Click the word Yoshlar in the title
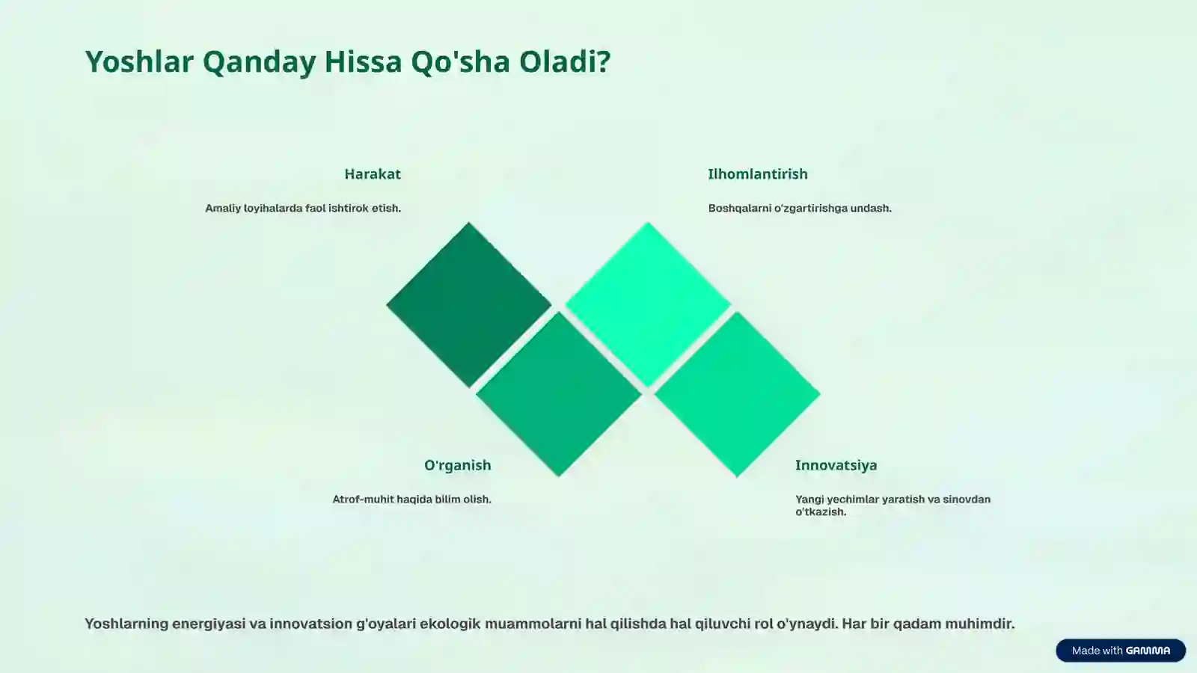pyautogui.click(x=139, y=61)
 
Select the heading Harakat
pyautogui.click(x=372, y=174)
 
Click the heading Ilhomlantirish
pyautogui.click(x=757, y=174)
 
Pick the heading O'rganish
pyautogui.click(x=457, y=465)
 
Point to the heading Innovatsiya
pyautogui.click(x=836, y=465)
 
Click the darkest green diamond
pyautogui.click(x=468, y=304)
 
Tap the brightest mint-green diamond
pyautogui.click(x=648, y=304)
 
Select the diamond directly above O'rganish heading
pyautogui.click(x=558, y=394)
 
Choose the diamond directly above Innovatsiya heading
pyautogui.click(x=737, y=394)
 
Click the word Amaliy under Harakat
pyautogui.click(x=223, y=209)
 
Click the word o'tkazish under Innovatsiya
pyautogui.click(x=820, y=512)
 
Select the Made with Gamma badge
pyautogui.click(x=1120, y=651)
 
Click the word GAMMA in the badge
pyautogui.click(x=1148, y=651)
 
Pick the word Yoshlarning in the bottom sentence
pyautogui.click(x=126, y=624)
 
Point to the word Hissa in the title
pyautogui.click(x=363, y=61)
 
